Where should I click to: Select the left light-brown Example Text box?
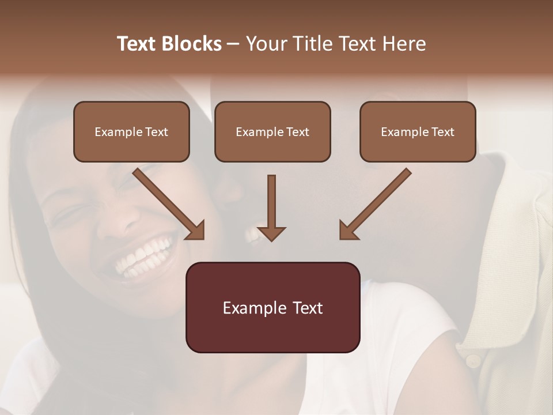click(x=131, y=131)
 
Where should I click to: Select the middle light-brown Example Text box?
click(x=272, y=131)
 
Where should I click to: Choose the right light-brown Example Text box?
click(x=418, y=131)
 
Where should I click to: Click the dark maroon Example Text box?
click(x=272, y=307)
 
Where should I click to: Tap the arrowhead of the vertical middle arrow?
click(x=271, y=233)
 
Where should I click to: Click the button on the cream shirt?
click(x=473, y=361)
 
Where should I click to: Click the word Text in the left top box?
click(x=156, y=132)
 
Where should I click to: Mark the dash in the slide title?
click(x=233, y=44)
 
